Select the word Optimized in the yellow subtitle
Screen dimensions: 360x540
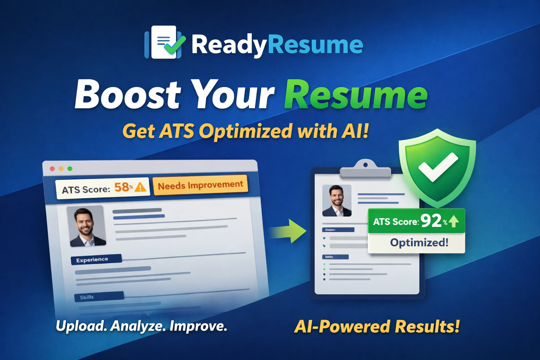(245, 131)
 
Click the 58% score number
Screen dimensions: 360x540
(122, 187)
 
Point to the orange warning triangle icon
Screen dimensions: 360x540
(141, 187)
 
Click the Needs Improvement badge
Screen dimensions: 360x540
(200, 185)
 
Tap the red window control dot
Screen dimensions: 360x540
(52, 169)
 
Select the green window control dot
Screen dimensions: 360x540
(70, 169)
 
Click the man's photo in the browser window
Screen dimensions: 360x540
(86, 226)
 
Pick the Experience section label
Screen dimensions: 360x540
(92, 260)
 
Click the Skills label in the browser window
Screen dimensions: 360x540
(87, 297)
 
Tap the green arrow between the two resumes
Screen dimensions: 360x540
(289, 231)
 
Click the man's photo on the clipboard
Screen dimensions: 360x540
(337, 200)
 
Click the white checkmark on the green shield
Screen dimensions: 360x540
(438, 167)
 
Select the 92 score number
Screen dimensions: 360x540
(431, 221)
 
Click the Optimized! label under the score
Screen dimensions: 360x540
(419, 243)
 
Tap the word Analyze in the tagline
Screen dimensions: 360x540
(138, 326)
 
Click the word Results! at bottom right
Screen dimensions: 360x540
(427, 327)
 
